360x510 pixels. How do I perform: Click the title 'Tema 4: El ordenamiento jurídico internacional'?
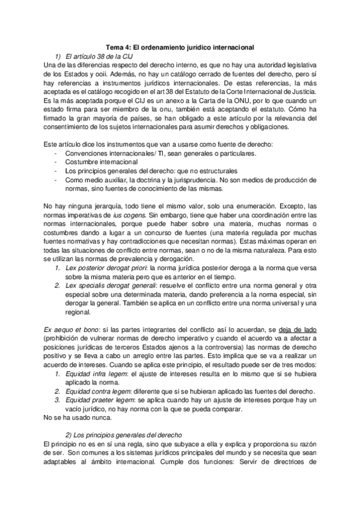(x=180, y=46)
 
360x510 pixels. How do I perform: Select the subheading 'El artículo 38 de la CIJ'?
(x=100, y=55)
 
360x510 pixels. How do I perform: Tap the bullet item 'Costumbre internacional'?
(x=101, y=162)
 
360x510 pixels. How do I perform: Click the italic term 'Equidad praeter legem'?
(x=100, y=399)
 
